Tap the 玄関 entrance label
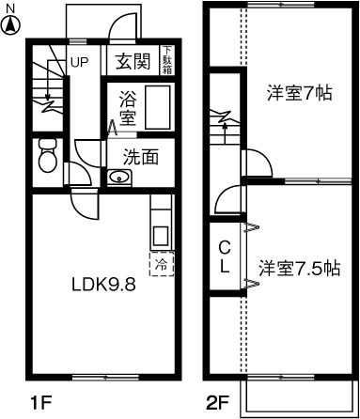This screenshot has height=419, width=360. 134,62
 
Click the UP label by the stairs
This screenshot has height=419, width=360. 80,63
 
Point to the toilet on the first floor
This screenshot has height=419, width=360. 46,156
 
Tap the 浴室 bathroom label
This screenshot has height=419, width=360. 129,106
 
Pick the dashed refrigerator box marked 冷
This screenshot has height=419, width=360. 161,264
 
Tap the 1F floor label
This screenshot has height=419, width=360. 39,406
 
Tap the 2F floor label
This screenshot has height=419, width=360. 217,406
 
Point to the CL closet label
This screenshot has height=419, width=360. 225,256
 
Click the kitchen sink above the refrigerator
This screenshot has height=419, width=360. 160,235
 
